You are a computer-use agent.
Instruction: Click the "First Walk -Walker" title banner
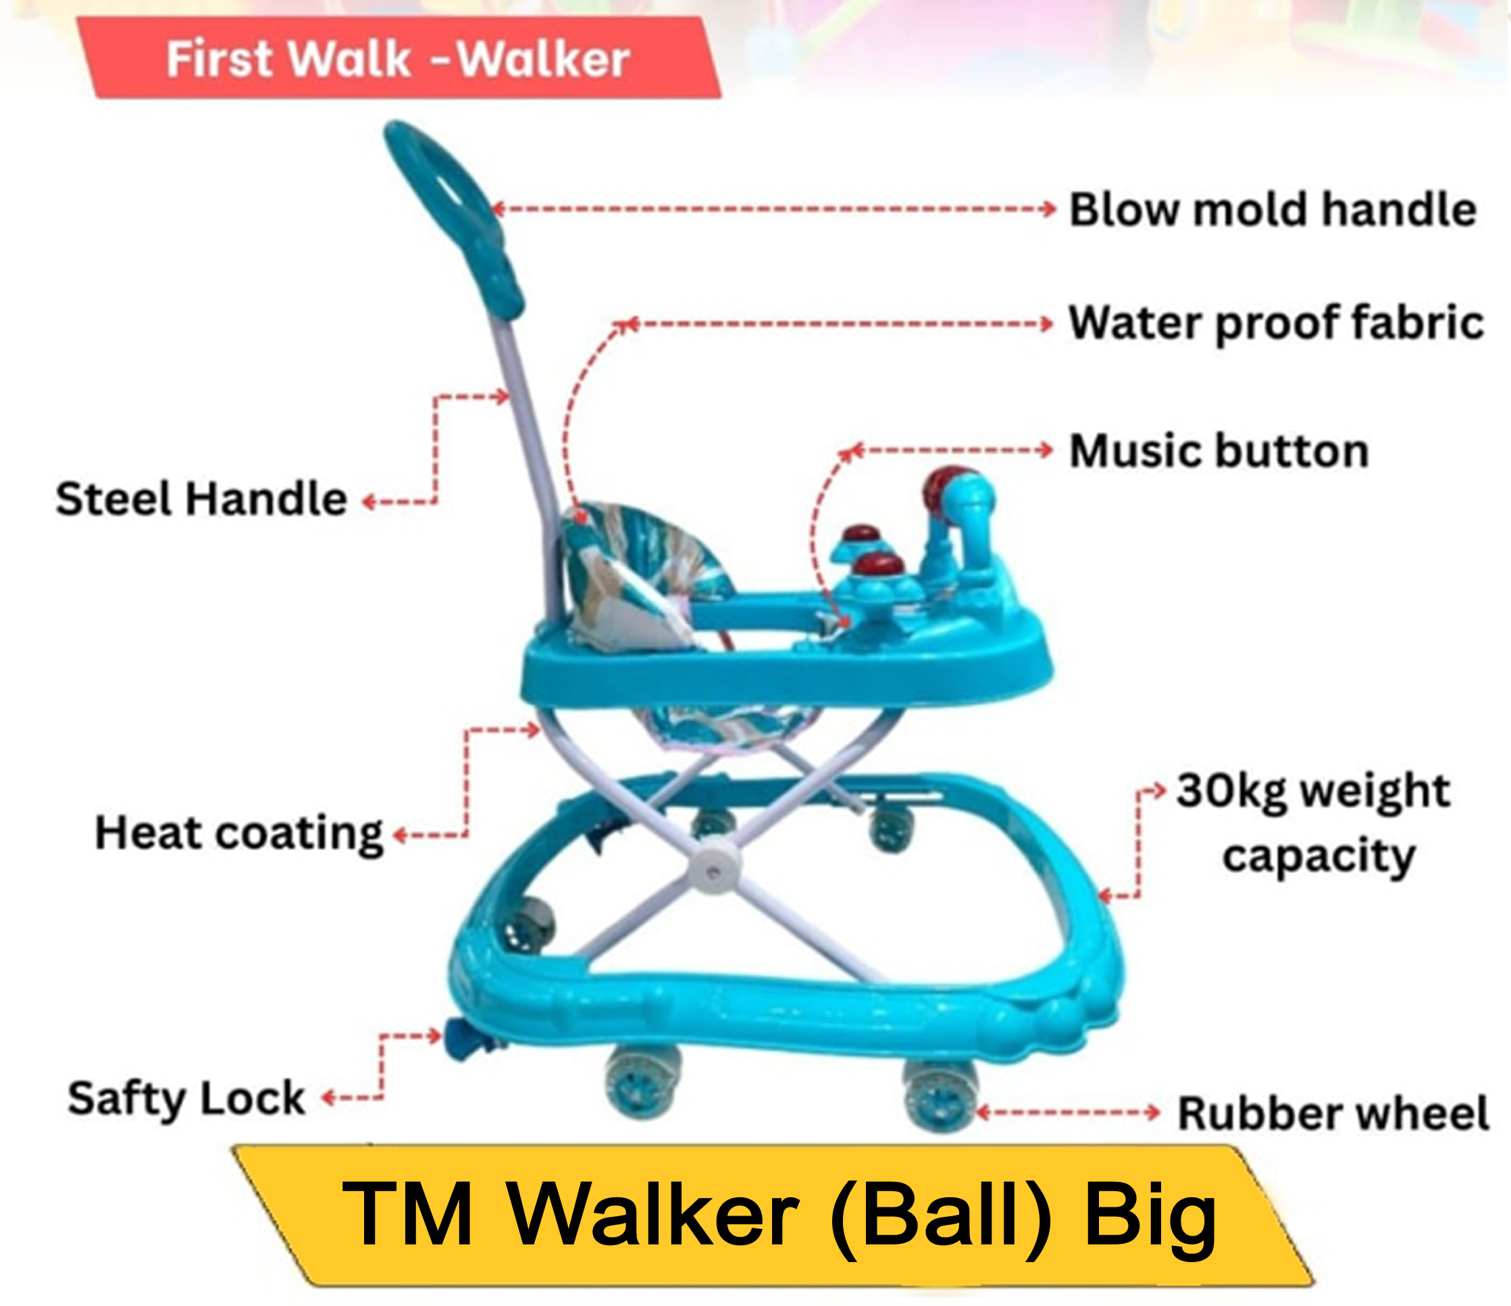pyautogui.click(x=398, y=58)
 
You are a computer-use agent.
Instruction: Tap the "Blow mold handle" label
pyautogui.click(x=1273, y=210)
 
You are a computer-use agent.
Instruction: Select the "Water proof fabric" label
pyautogui.click(x=1276, y=323)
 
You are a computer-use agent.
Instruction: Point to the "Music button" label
pyautogui.click(x=1219, y=450)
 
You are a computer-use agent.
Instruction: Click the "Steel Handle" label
pyautogui.click(x=201, y=500)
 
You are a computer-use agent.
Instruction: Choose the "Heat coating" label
pyautogui.click(x=239, y=833)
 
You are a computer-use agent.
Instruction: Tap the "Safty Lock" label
pyautogui.click(x=186, y=1098)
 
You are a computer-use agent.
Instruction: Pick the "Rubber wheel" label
pyautogui.click(x=1333, y=1114)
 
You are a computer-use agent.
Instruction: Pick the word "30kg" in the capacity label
pyautogui.click(x=1231, y=791)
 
